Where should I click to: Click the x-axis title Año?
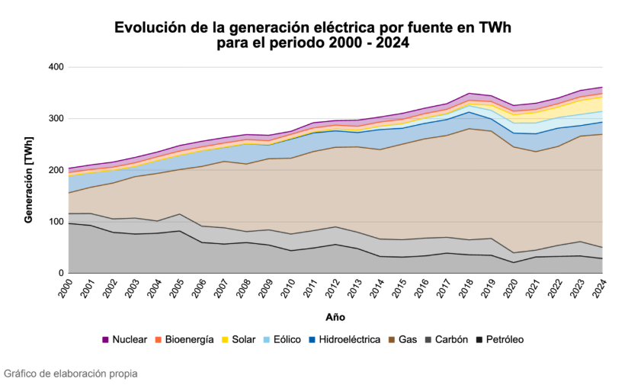pyautogui.click(x=335, y=316)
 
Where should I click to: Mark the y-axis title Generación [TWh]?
pyautogui.click(x=28, y=170)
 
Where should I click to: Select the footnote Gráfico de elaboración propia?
pyautogui.click(x=70, y=374)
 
